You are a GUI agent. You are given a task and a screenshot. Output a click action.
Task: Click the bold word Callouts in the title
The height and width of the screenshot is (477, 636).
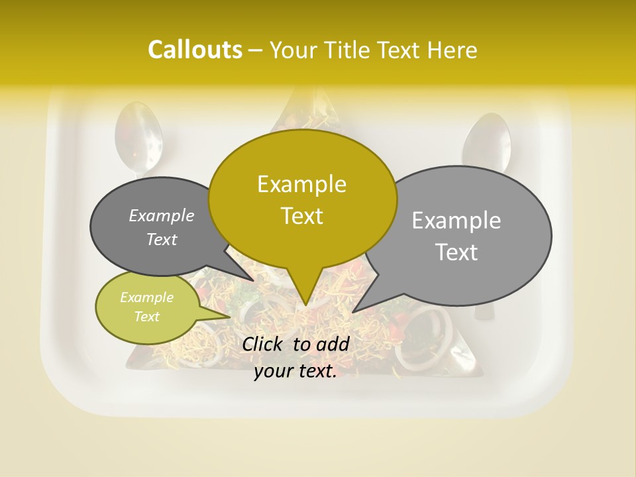(x=195, y=50)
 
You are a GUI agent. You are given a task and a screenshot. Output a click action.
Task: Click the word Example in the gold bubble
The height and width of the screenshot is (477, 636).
(x=301, y=184)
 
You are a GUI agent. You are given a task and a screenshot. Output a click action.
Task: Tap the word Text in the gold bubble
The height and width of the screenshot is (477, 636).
(x=301, y=216)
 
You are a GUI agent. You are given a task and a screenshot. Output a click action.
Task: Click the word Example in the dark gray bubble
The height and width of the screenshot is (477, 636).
(x=161, y=215)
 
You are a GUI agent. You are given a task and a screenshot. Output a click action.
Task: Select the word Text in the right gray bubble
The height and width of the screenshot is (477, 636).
(x=457, y=252)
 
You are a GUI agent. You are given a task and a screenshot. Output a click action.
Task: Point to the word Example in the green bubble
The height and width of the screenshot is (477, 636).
(x=146, y=297)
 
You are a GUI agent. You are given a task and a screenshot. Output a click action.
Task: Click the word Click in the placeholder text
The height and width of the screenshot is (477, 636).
(x=263, y=344)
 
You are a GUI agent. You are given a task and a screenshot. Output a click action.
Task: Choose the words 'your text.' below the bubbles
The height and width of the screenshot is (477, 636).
(x=295, y=372)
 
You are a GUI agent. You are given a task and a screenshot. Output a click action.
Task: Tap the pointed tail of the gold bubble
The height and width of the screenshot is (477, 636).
(x=305, y=301)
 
